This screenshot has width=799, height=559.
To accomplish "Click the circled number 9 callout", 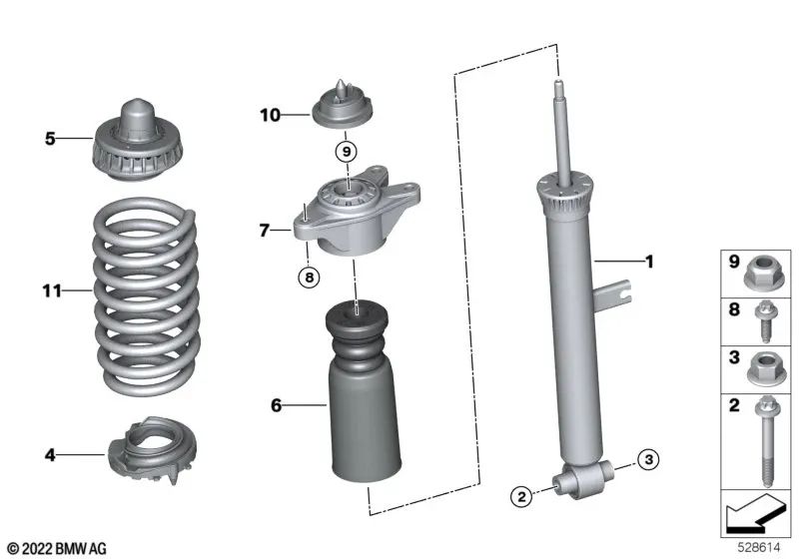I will [345, 153].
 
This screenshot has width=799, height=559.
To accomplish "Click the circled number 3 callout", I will [648, 459].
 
